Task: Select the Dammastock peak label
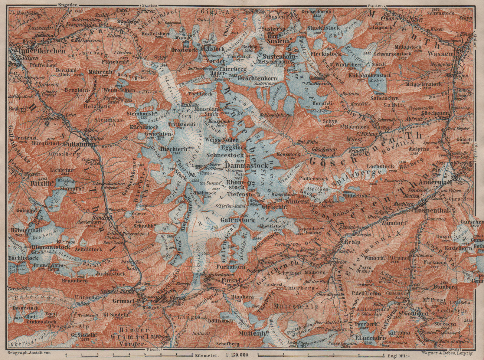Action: pos(247,166)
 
